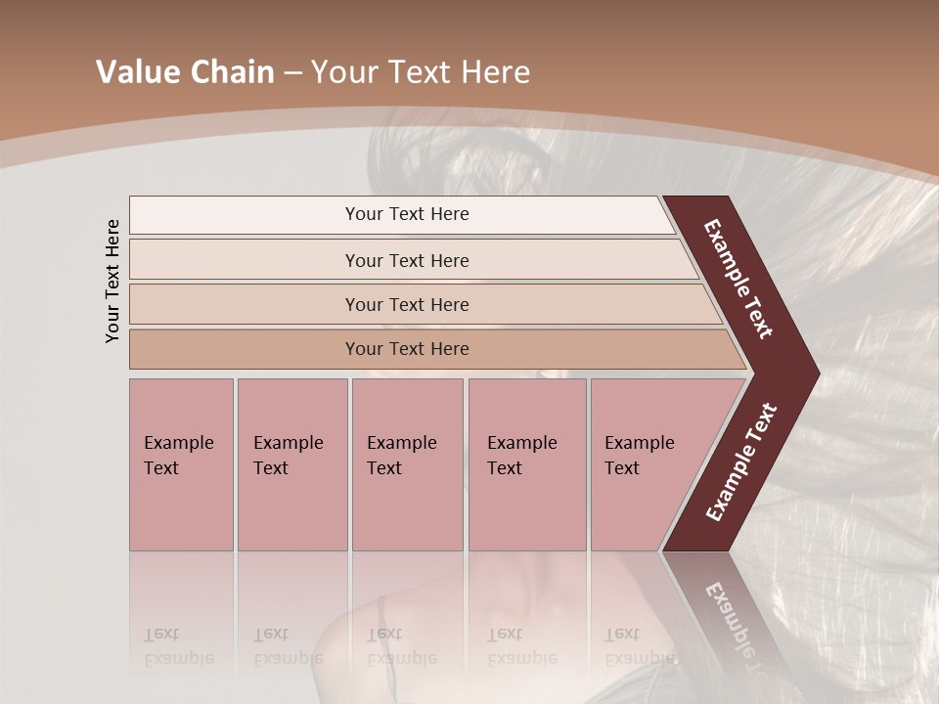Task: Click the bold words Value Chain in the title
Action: pyautogui.click(x=185, y=72)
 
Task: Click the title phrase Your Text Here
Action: pyautogui.click(x=421, y=72)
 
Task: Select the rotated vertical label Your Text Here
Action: pyautogui.click(x=112, y=281)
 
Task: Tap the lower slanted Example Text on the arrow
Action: pyautogui.click(x=741, y=462)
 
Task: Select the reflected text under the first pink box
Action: pyautogui.click(x=178, y=645)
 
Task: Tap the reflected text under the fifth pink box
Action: pyautogui.click(x=639, y=645)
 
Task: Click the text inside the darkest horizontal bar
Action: pyautogui.click(x=407, y=349)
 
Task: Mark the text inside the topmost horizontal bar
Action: pyautogui.click(x=407, y=214)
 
